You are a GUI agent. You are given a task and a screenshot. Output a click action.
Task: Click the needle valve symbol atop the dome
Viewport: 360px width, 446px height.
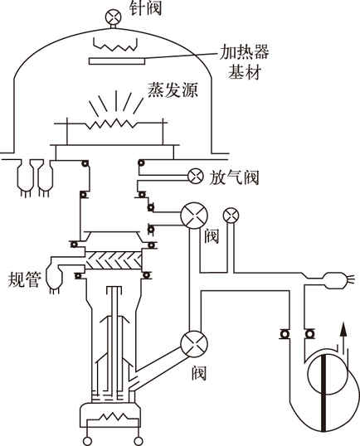(x=114, y=17)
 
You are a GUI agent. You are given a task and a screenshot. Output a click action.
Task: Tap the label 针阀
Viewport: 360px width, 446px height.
(x=145, y=7)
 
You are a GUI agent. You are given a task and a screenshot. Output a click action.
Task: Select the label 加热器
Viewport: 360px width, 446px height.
(x=244, y=52)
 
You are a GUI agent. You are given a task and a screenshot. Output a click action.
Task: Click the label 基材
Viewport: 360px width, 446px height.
(x=244, y=71)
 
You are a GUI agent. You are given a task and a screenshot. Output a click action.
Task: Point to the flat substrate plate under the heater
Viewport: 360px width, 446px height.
(x=117, y=61)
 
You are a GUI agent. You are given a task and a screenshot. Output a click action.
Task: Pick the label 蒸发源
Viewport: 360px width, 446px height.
(x=173, y=90)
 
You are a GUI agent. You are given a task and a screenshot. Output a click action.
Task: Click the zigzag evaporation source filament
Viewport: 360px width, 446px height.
(x=112, y=124)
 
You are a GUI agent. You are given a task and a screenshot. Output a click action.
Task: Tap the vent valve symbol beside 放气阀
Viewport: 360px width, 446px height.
(x=196, y=177)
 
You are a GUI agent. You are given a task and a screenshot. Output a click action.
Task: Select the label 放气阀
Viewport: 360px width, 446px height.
(x=234, y=177)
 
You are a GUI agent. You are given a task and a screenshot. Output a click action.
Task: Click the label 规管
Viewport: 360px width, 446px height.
(x=25, y=279)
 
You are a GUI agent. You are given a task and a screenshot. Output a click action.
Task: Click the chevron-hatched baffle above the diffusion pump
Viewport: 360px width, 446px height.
(x=114, y=260)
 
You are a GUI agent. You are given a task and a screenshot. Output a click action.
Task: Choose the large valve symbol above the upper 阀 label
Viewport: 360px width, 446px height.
(x=194, y=216)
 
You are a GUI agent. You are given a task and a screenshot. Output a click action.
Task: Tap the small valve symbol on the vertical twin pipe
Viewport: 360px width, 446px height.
(x=231, y=215)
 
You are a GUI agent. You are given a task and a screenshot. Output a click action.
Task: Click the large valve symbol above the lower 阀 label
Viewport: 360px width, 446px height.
(x=194, y=343)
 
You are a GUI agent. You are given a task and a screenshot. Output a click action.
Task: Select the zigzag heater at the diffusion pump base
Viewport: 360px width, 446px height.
(x=113, y=418)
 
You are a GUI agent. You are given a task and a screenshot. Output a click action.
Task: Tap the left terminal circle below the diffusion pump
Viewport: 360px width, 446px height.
(x=88, y=441)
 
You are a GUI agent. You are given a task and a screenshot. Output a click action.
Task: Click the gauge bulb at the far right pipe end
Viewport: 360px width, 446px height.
(x=334, y=280)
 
